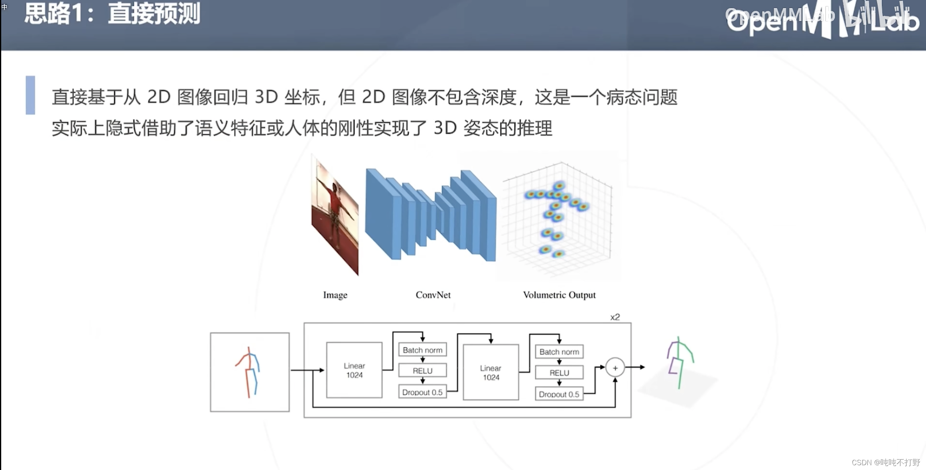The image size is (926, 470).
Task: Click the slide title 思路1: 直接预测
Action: coord(112,14)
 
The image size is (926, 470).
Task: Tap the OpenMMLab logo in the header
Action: coord(822,20)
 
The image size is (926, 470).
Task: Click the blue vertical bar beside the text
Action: coord(30,95)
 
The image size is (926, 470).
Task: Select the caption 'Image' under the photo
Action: coord(335,295)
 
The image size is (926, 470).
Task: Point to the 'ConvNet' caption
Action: coord(433,295)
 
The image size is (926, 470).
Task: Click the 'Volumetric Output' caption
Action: coord(559,295)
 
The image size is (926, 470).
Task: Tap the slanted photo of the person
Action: coord(335,215)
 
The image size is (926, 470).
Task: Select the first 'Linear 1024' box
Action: coord(354,370)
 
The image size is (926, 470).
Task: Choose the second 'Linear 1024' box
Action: coord(491,372)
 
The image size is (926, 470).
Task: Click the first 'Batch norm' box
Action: coord(422,350)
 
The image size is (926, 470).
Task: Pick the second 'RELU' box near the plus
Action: coord(559,373)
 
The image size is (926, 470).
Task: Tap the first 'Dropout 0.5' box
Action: coord(422,392)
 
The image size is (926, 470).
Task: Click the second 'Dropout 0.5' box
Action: coord(559,394)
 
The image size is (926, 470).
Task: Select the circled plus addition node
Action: coord(615,368)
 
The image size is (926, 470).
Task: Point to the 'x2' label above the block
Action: coord(615,317)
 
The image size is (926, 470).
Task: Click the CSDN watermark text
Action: coord(885,462)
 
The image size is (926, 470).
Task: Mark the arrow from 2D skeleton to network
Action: coord(307,370)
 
